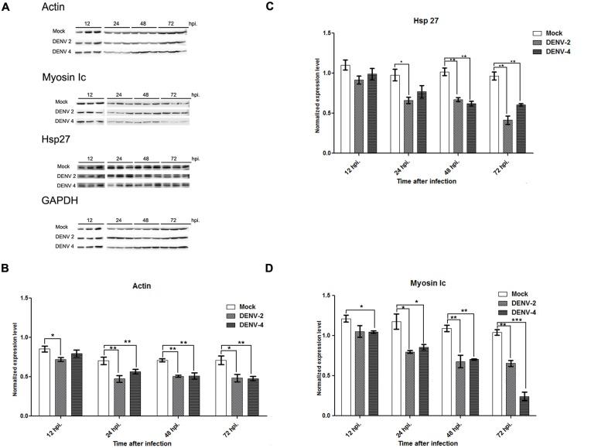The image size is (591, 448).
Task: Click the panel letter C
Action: pyautogui.click(x=313, y=7)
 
